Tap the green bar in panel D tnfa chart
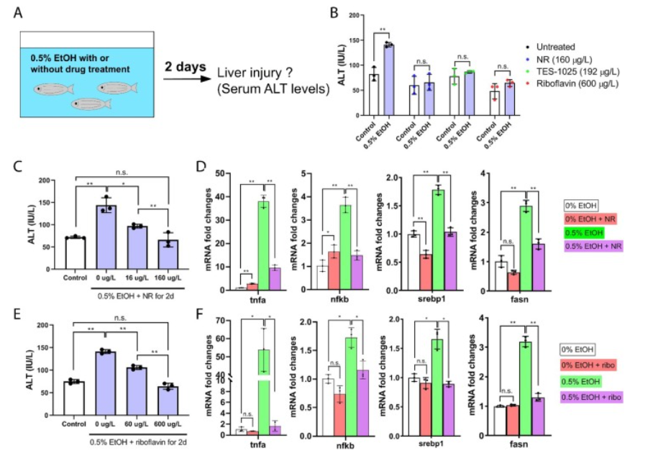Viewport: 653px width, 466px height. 263,245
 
